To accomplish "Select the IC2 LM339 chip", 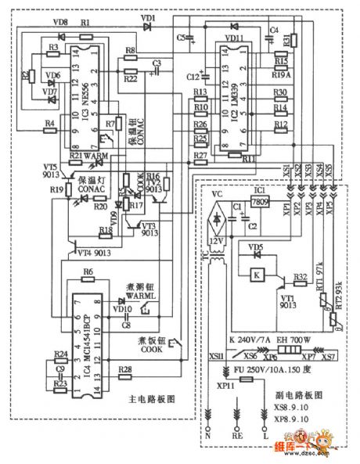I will pyautogui.click(x=234, y=98).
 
